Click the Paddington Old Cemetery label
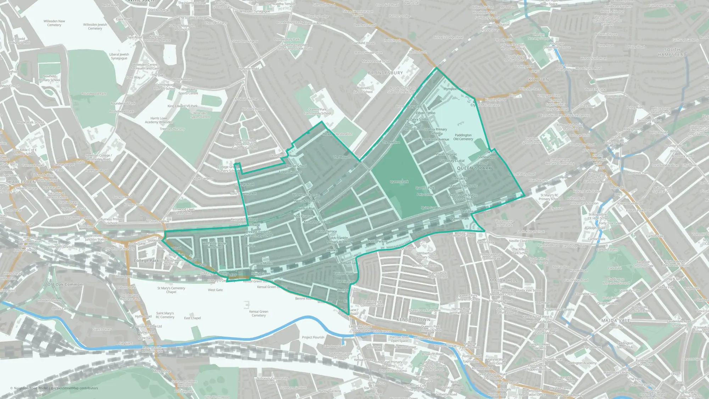(463, 137)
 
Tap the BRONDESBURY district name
(385, 73)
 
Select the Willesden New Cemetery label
(54, 23)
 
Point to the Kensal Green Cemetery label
(258, 314)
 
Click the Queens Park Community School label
(317, 111)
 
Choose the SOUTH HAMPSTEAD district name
(672, 52)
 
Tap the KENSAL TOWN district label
(413, 320)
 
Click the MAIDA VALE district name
(616, 320)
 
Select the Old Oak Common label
(65, 284)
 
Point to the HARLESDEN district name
(22, 182)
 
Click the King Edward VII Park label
(183, 106)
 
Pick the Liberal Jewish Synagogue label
(119, 56)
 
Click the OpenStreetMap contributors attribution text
(76, 388)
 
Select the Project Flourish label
(313, 337)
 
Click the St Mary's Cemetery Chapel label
(171, 290)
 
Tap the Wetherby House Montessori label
(214, 245)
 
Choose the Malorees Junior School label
(363, 90)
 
